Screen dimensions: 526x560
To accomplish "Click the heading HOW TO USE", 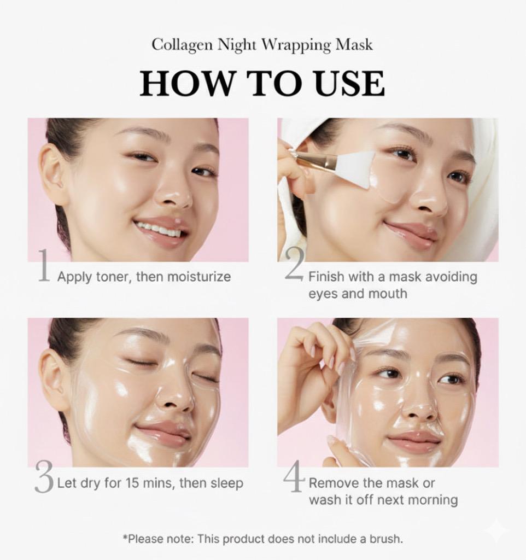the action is coord(262,84).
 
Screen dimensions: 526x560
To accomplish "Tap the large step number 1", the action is coord(44,265).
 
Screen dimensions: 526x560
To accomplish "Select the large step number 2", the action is coord(295,264).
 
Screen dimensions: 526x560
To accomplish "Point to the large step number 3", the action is coord(44,477).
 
